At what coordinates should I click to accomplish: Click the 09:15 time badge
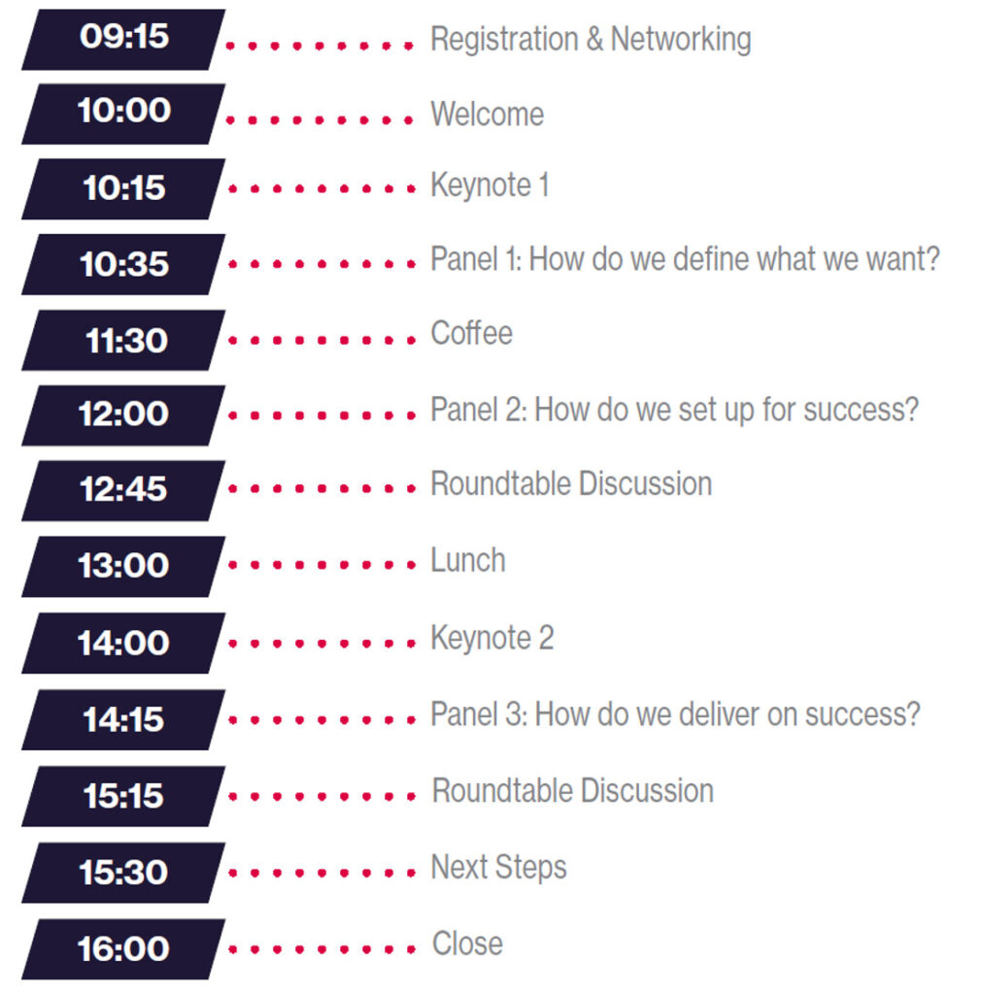pos(123,39)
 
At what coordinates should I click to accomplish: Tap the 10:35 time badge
pos(123,264)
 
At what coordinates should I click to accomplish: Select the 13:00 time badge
pos(123,566)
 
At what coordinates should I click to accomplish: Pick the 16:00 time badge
pos(123,949)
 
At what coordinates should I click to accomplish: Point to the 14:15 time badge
pos(123,719)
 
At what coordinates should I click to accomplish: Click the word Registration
pos(504,41)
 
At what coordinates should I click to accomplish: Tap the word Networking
pos(681,41)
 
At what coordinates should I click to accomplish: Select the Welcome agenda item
pos(488,115)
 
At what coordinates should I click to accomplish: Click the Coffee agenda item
pos(471,333)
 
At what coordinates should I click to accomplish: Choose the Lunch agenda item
pos(468,560)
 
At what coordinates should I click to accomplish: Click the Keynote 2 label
pos(492,638)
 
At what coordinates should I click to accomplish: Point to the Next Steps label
pos(498,868)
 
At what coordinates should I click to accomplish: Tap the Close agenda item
pos(467,944)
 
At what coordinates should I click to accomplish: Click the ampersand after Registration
pos(594,39)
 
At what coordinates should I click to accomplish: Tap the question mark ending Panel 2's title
pos(912,409)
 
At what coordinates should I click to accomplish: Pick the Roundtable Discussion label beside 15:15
pos(573,791)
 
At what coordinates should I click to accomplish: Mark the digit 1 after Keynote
pos(544,185)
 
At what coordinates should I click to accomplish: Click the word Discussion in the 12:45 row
pos(646,483)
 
